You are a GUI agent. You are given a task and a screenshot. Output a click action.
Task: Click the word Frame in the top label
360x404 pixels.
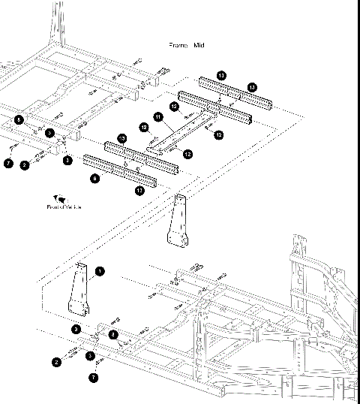click(178, 46)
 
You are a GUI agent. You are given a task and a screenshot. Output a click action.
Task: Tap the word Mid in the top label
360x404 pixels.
click(199, 46)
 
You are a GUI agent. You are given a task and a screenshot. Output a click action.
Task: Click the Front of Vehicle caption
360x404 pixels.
click(64, 207)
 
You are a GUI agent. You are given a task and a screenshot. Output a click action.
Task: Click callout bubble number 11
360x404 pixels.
click(158, 117)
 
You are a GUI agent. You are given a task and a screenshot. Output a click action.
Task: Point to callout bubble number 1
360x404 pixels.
click(100, 271)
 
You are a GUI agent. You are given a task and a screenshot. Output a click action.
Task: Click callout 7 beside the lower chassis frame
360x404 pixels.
click(94, 378)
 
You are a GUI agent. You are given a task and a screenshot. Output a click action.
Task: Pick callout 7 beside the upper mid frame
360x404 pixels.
click(8, 163)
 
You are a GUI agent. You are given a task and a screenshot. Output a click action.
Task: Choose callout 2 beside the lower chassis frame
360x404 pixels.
click(56, 362)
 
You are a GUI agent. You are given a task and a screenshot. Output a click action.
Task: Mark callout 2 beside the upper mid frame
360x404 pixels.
click(25, 165)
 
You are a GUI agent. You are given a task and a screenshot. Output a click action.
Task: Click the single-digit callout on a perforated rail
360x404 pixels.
click(94, 179)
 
